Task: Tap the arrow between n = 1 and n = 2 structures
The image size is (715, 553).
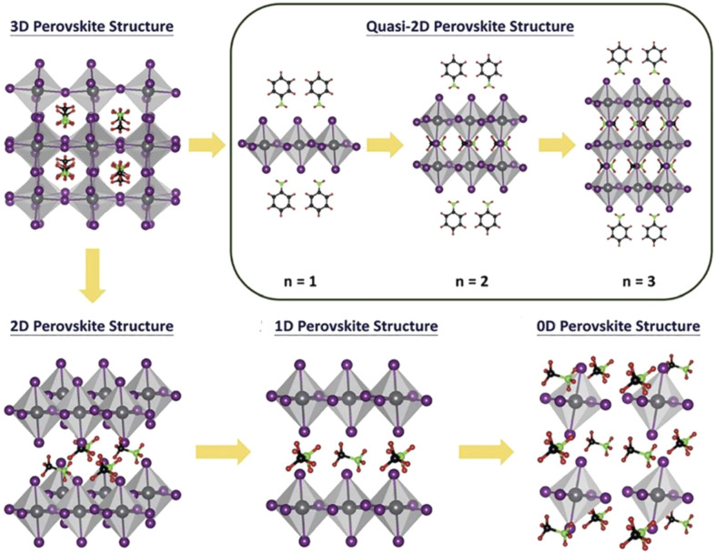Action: click(x=383, y=144)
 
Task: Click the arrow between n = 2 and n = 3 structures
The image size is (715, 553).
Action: click(x=554, y=144)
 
